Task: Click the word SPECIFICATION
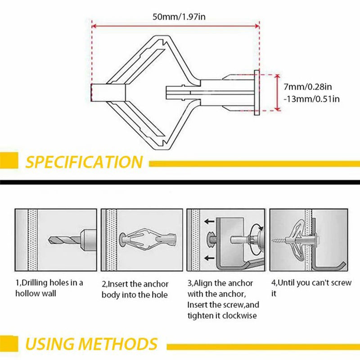pyautogui.click(x=84, y=162)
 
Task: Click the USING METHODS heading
pyautogui.click(x=91, y=344)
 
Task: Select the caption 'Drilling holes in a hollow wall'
pyautogui.click(x=49, y=288)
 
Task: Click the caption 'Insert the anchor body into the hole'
pyautogui.click(x=135, y=289)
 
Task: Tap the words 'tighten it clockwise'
pyautogui.click(x=223, y=315)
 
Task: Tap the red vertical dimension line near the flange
pyautogui.click(x=277, y=92)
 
